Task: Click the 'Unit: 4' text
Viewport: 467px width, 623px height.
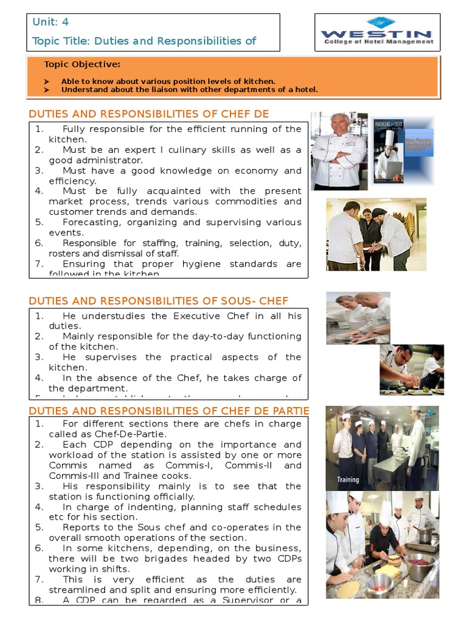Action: click(50, 23)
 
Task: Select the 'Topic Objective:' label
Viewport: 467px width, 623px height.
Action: click(82, 64)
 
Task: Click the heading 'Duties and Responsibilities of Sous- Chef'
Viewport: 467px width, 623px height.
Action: click(159, 301)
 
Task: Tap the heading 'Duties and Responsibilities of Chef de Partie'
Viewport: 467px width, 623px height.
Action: click(168, 411)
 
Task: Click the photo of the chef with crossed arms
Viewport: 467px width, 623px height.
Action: click(339, 151)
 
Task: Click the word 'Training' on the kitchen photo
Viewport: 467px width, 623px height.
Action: click(348, 479)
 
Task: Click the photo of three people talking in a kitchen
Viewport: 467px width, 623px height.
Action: click(376, 234)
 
